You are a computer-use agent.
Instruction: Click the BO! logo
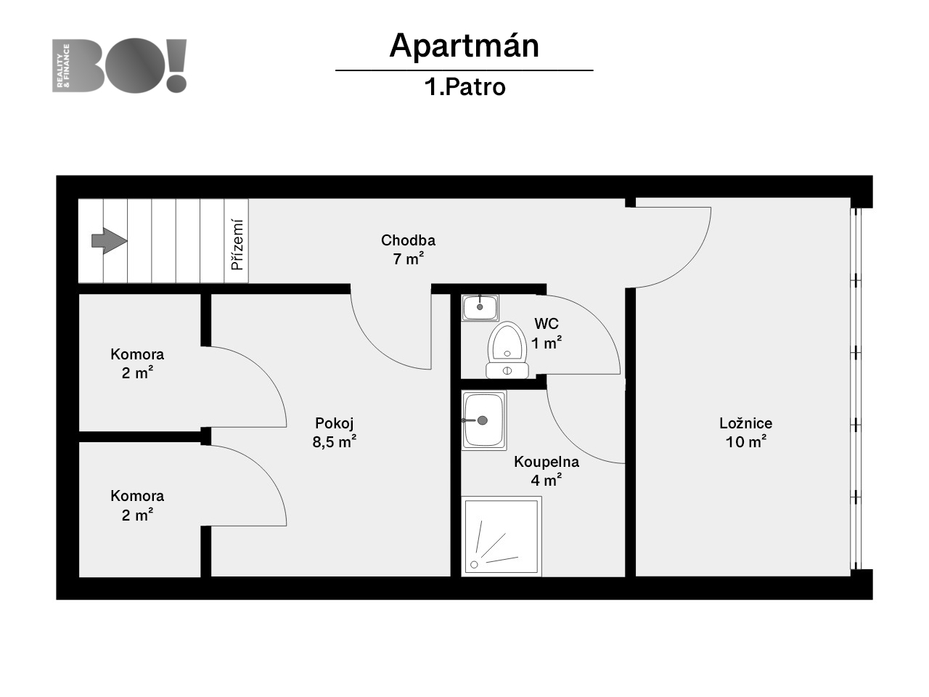tap(119, 65)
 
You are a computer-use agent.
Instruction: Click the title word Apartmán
tap(464, 46)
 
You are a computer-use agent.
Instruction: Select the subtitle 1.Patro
tap(464, 87)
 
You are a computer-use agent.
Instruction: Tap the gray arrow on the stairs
tap(109, 241)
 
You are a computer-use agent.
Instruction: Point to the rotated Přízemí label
tap(237, 244)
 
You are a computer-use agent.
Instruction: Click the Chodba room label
tap(408, 240)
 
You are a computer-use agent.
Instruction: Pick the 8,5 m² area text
tap(335, 441)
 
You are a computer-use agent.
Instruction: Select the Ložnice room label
tap(745, 423)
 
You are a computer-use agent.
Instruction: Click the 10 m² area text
tap(745, 441)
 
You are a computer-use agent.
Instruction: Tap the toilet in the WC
tap(507, 350)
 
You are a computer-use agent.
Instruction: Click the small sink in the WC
tap(480, 308)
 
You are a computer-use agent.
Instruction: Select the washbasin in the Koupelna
tap(484, 420)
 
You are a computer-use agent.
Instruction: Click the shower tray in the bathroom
tap(502, 537)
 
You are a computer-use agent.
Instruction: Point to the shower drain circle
tap(474, 564)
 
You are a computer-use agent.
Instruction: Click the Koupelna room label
tap(547, 462)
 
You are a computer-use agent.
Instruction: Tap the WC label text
tap(547, 324)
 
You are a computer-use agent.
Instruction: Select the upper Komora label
tap(137, 354)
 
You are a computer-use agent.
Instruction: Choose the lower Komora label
tap(137, 496)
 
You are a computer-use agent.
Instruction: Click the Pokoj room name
tap(335, 423)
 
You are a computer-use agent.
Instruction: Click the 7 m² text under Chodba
tap(409, 258)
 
